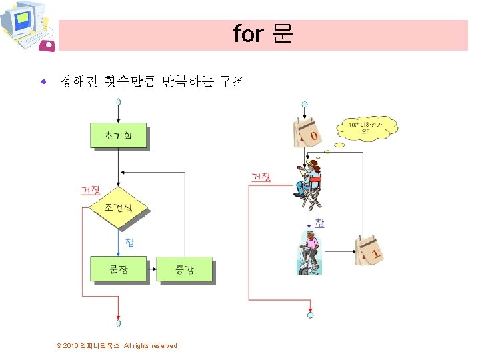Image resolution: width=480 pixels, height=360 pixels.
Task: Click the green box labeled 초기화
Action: click(x=118, y=136)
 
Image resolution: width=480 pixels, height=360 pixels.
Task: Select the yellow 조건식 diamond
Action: click(x=118, y=208)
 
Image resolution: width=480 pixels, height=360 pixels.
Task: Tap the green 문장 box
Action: click(x=118, y=269)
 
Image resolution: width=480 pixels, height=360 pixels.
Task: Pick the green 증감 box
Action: click(x=185, y=269)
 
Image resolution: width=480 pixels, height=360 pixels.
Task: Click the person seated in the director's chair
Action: click(x=310, y=180)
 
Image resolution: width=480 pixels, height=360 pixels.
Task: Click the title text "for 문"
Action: click(x=263, y=34)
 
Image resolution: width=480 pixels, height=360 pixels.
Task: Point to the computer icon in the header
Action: click(x=25, y=27)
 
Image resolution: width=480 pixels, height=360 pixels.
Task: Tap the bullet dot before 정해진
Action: click(x=44, y=83)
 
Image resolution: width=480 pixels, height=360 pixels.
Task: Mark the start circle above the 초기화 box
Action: click(x=118, y=102)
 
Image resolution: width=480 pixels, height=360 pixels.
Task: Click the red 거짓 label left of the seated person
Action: click(x=260, y=177)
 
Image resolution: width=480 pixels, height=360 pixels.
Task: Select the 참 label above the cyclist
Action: click(x=320, y=223)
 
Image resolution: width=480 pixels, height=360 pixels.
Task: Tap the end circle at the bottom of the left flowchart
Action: click(x=118, y=323)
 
